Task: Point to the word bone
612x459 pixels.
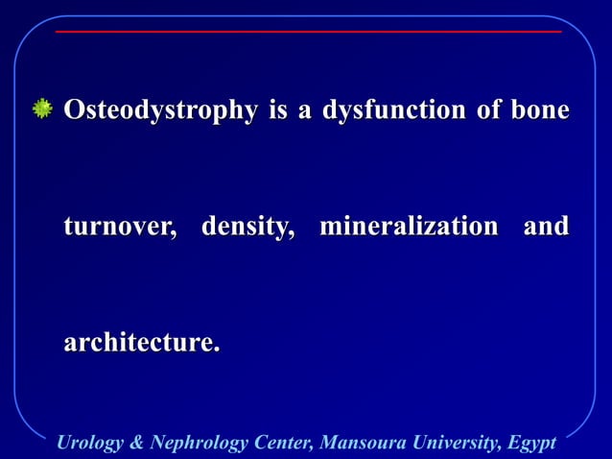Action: pos(539,111)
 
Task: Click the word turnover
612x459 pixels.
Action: pos(120,228)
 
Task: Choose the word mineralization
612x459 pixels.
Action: pos(409,228)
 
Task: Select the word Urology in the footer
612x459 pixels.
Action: pos(89,443)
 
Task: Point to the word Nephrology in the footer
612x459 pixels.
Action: pos(195,443)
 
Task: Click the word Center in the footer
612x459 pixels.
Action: pos(283,443)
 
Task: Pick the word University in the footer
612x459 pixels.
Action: pos(451,443)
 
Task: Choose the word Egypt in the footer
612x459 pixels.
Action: pos(531,443)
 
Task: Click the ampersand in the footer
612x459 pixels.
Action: pos(136,443)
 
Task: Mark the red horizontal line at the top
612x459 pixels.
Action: pos(307,32)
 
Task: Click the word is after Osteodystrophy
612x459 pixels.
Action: pos(279,111)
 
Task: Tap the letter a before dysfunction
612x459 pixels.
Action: pos(305,112)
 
